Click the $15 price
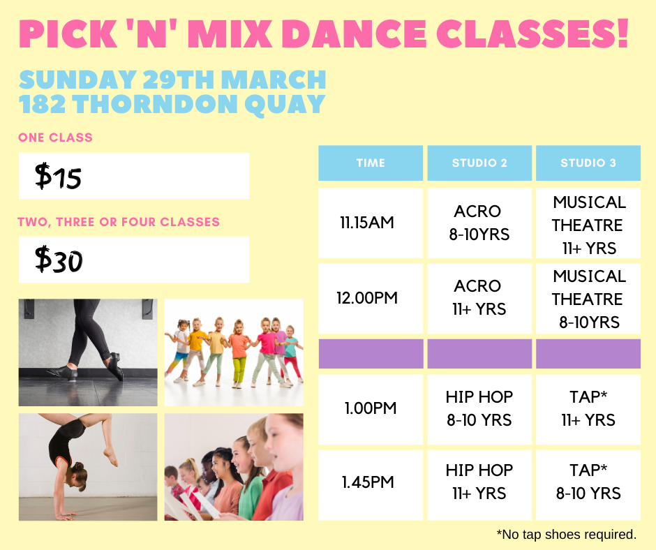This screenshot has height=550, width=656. (58, 176)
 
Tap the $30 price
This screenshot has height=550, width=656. (59, 260)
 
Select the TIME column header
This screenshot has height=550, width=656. (371, 163)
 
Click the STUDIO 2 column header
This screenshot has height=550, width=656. (479, 163)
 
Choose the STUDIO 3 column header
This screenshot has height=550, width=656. (588, 163)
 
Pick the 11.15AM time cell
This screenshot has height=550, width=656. (371, 223)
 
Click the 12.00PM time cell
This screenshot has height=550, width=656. (371, 299)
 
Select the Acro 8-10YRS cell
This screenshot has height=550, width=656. (479, 223)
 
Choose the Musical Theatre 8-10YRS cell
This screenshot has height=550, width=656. (588, 299)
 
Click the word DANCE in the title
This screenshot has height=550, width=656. (355, 34)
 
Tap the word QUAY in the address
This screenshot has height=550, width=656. (285, 104)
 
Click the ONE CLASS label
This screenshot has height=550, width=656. (55, 137)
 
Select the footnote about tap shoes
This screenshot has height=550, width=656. (567, 535)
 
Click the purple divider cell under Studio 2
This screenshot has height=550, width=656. (479, 354)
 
